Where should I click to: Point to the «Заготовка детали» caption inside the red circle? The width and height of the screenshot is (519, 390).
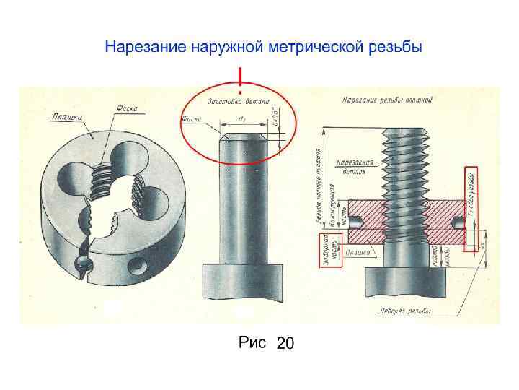239,102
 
